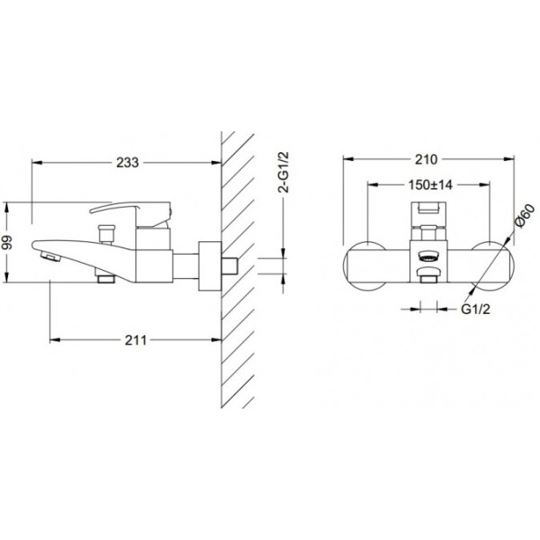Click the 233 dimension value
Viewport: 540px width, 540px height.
click(x=128, y=162)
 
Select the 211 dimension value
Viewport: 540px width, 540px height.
click(x=135, y=340)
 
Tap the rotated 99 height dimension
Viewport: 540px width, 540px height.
click(x=7, y=242)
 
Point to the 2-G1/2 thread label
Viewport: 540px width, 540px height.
click(x=284, y=172)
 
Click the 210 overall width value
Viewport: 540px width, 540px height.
click(x=426, y=159)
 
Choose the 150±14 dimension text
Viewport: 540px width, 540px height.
click(x=430, y=184)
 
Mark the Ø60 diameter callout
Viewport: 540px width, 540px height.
click(x=525, y=215)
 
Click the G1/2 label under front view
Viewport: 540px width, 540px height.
click(x=475, y=310)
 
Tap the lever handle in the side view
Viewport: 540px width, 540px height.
click(x=130, y=210)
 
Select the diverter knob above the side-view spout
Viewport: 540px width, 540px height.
click(x=106, y=234)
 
